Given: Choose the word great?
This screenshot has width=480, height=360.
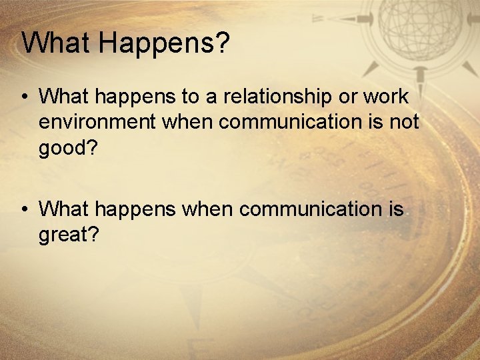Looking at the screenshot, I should coord(69,235).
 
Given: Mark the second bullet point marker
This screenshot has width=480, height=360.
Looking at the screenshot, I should coord(24,210).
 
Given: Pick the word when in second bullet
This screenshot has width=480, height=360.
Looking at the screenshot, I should coord(207,209).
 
